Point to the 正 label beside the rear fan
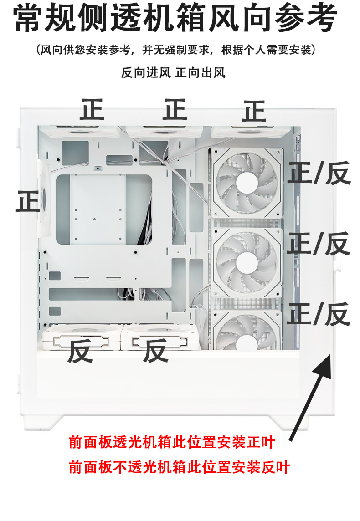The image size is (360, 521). [28, 201]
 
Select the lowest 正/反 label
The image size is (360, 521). [319, 314]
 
